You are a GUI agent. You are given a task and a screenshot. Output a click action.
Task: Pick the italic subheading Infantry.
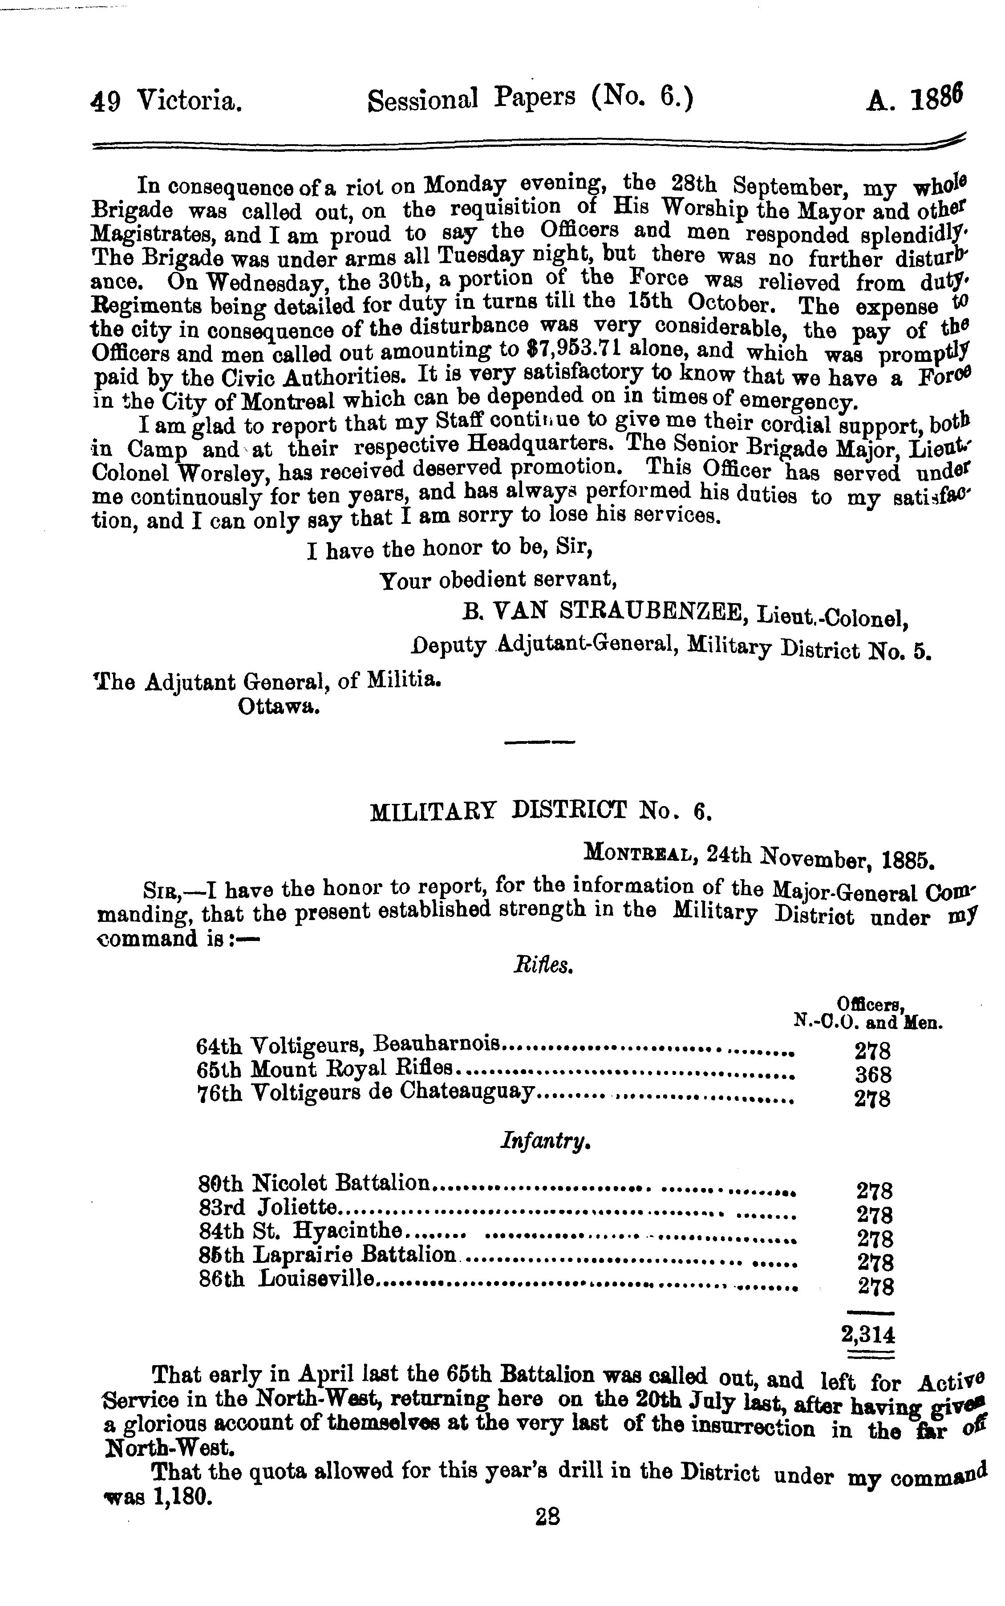point(545,1141)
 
